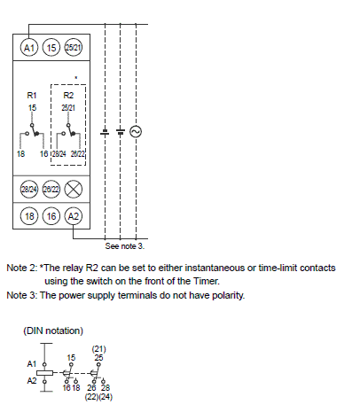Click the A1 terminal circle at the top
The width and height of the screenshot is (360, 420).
tap(29, 48)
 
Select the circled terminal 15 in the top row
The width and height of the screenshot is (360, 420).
tap(51, 48)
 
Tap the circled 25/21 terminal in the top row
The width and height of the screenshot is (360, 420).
tap(74, 48)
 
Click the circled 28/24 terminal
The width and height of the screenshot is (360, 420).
tap(29, 189)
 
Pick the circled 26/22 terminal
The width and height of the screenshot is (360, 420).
tap(51, 189)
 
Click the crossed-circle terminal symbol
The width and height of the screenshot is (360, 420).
tap(74, 189)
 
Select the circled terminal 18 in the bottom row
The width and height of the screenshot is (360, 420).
tap(29, 216)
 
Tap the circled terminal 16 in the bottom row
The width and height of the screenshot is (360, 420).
tap(51, 216)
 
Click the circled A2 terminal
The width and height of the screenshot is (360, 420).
tap(74, 216)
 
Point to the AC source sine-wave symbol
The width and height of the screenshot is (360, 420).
tap(136, 131)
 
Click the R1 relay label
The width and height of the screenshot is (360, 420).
tap(32, 95)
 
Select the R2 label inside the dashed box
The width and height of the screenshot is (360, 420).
tap(68, 95)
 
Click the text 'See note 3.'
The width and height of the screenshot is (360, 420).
tap(125, 246)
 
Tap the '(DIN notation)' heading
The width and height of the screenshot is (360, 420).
tap(53, 331)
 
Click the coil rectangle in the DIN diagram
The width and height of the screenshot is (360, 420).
tap(44, 373)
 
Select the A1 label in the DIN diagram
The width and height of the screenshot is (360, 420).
tap(32, 363)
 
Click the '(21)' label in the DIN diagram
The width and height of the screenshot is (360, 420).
tap(98, 349)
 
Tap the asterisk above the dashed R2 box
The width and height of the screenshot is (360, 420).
tap(76, 78)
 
